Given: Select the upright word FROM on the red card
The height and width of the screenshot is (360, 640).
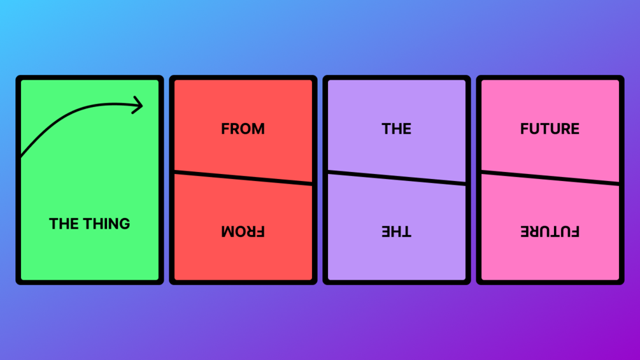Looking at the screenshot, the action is click(x=243, y=129).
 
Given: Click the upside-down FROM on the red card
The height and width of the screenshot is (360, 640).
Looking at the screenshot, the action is click(x=243, y=231).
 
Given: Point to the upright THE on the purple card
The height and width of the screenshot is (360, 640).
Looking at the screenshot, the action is click(x=396, y=129).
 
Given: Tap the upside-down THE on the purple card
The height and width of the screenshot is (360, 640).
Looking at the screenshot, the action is click(x=396, y=231).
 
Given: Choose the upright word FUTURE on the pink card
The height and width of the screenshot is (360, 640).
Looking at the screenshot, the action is click(x=550, y=129).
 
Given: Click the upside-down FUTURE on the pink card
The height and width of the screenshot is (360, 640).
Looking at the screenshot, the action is click(x=550, y=231).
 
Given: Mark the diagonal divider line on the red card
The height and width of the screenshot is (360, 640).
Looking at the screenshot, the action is click(x=243, y=178).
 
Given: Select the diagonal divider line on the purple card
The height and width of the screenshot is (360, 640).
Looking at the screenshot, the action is click(x=397, y=178).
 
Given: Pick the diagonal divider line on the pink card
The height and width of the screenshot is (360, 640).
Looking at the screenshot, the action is click(x=550, y=178).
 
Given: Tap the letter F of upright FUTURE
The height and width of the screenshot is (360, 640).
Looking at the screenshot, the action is click(x=525, y=129).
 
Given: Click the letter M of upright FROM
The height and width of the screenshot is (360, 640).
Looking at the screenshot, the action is click(x=258, y=129).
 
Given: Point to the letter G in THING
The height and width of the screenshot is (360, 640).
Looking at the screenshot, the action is click(x=124, y=224).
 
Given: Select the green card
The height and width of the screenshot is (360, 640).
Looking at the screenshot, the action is click(x=90, y=180).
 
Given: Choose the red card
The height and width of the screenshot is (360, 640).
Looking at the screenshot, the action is click(x=243, y=180).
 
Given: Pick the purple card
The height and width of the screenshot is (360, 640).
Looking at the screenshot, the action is click(x=397, y=180).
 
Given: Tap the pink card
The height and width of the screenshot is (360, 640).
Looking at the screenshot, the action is click(x=550, y=180).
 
